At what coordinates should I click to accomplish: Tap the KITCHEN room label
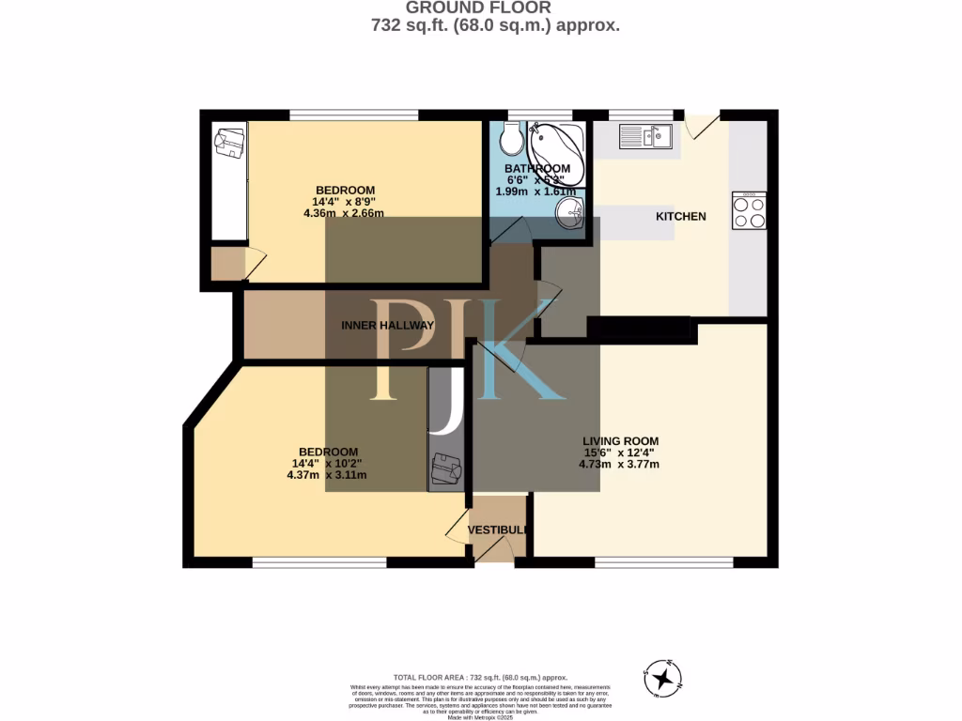[680, 217]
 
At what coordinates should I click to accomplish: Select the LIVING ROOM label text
[620, 441]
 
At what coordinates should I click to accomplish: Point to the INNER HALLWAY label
[387, 326]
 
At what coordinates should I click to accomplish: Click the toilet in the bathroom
[512, 141]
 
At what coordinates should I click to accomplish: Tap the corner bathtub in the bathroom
[556, 150]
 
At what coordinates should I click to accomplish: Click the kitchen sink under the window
[645, 137]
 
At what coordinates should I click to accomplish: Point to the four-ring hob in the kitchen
[749, 212]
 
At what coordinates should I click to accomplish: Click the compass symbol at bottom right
[664, 676]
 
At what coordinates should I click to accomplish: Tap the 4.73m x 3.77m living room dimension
[620, 464]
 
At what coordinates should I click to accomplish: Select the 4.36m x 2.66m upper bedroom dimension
[344, 213]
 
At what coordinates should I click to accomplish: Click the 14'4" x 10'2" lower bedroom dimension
[326, 463]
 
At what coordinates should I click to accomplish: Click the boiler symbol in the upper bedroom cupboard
[228, 144]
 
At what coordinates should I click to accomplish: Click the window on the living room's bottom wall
[664, 562]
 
